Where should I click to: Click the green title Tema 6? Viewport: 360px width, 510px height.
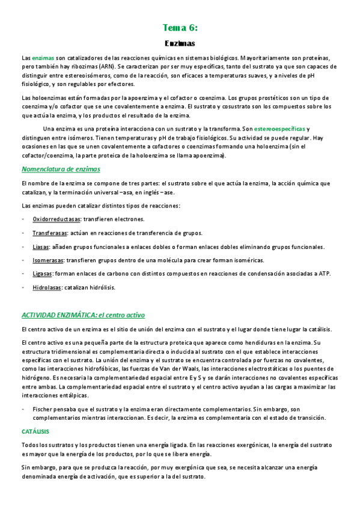[x=180, y=28]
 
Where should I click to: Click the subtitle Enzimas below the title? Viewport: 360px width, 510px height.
[x=180, y=43]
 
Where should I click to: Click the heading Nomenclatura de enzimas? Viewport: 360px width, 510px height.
[x=61, y=169]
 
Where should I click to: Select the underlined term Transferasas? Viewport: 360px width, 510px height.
[x=49, y=233]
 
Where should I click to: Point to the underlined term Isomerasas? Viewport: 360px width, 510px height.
[x=48, y=260]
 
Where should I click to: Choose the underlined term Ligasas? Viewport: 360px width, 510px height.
[x=43, y=274]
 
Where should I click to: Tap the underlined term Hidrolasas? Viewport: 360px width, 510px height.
[x=47, y=287]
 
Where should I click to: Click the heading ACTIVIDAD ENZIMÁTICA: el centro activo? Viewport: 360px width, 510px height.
[x=83, y=315]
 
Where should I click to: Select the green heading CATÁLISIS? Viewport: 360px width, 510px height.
[x=35, y=432]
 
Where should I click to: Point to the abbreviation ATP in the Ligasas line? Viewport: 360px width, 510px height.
[x=323, y=274]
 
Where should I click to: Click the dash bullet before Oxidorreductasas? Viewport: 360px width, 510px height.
[x=23, y=220]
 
